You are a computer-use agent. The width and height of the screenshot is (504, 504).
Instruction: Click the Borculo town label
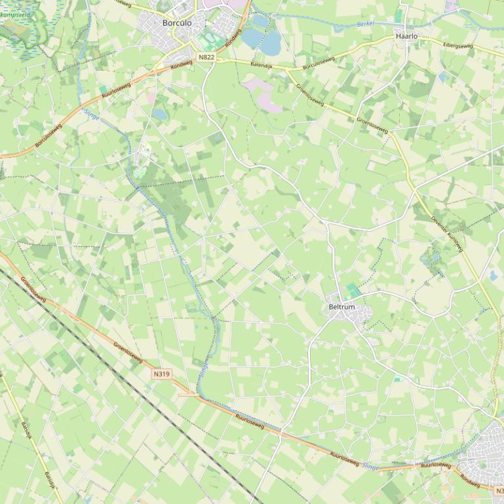(x=177, y=23)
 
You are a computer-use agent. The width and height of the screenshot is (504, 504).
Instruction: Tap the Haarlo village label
(x=406, y=37)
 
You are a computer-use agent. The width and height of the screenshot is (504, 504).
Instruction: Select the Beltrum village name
(x=341, y=307)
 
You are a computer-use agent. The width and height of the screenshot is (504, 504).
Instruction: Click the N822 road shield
(x=206, y=57)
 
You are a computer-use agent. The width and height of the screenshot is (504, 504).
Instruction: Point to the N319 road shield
(x=161, y=374)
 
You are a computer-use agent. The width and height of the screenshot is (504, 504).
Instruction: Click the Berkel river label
(x=366, y=24)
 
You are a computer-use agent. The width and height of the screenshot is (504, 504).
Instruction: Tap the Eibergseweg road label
(x=457, y=45)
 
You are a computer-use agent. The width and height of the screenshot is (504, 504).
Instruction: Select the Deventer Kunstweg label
(x=447, y=234)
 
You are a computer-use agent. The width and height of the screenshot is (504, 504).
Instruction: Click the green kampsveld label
(x=14, y=14)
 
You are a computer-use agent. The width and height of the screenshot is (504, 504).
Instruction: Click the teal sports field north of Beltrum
(x=353, y=290)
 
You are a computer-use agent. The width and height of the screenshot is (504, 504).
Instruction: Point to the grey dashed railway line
(x=131, y=380)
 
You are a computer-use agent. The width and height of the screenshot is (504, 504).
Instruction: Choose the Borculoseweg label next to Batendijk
(x=319, y=63)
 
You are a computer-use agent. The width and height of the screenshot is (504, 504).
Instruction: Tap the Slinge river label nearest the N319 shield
(x=203, y=370)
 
